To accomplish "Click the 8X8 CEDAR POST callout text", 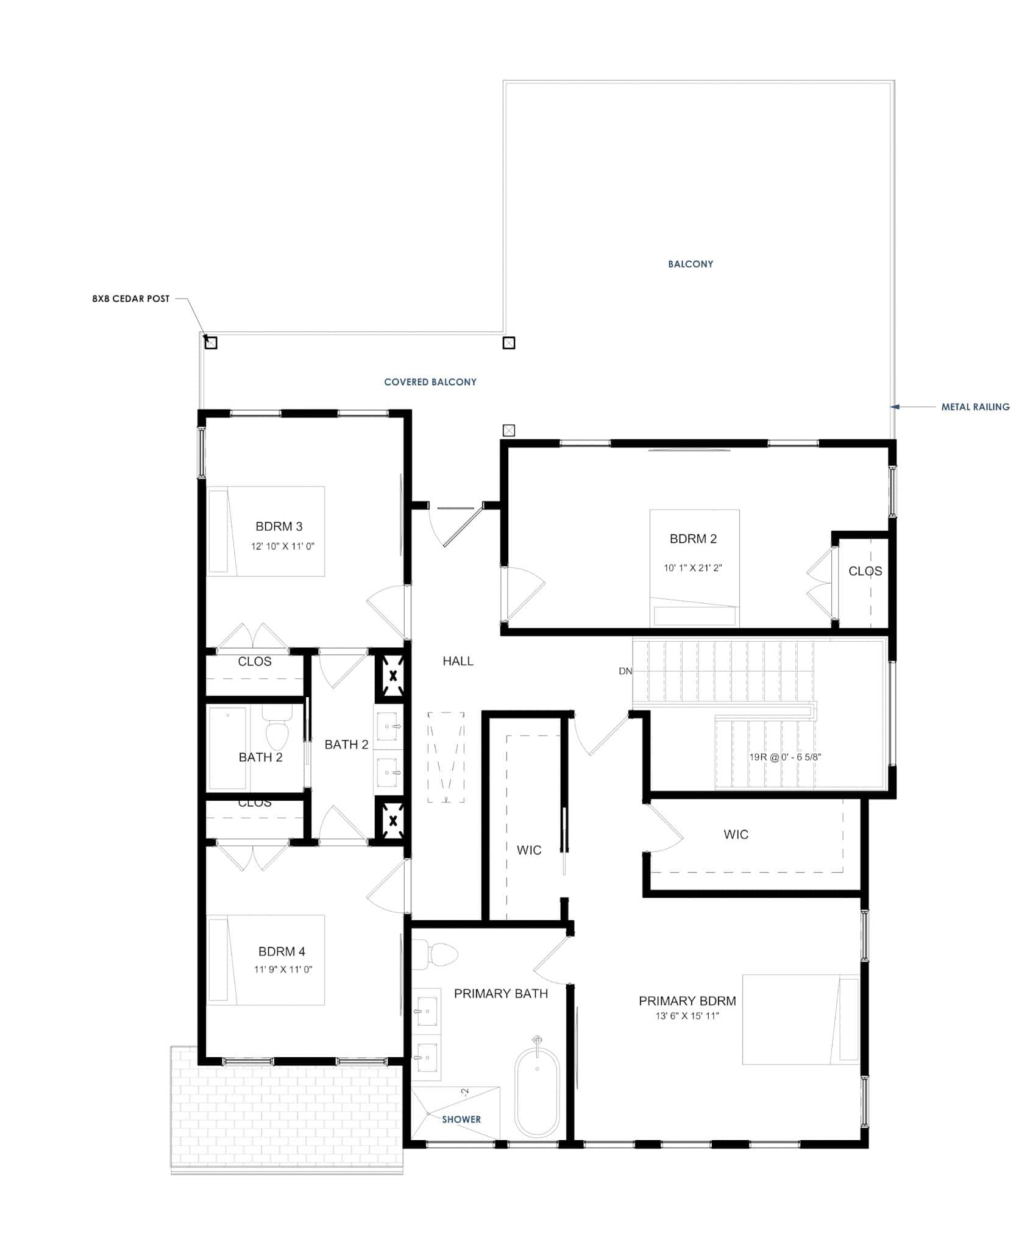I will (x=130, y=299).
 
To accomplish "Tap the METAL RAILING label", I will (x=975, y=407).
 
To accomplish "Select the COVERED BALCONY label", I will (x=430, y=382).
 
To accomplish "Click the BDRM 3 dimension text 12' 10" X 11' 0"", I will (x=282, y=547).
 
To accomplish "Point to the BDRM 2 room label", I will (x=693, y=539).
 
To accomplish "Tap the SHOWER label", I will (x=461, y=1119).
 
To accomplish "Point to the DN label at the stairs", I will (x=625, y=671).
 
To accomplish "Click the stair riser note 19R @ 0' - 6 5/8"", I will (x=785, y=757).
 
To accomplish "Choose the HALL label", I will (x=458, y=661).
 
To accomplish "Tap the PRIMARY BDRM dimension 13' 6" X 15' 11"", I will (x=687, y=1016).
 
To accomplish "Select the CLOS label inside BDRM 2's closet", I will (x=865, y=572).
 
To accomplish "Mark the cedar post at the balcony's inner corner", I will (x=508, y=343).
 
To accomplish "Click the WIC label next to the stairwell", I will (x=736, y=835).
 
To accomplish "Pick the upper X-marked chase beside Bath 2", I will (x=393, y=675).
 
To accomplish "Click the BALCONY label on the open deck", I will (x=690, y=264).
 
